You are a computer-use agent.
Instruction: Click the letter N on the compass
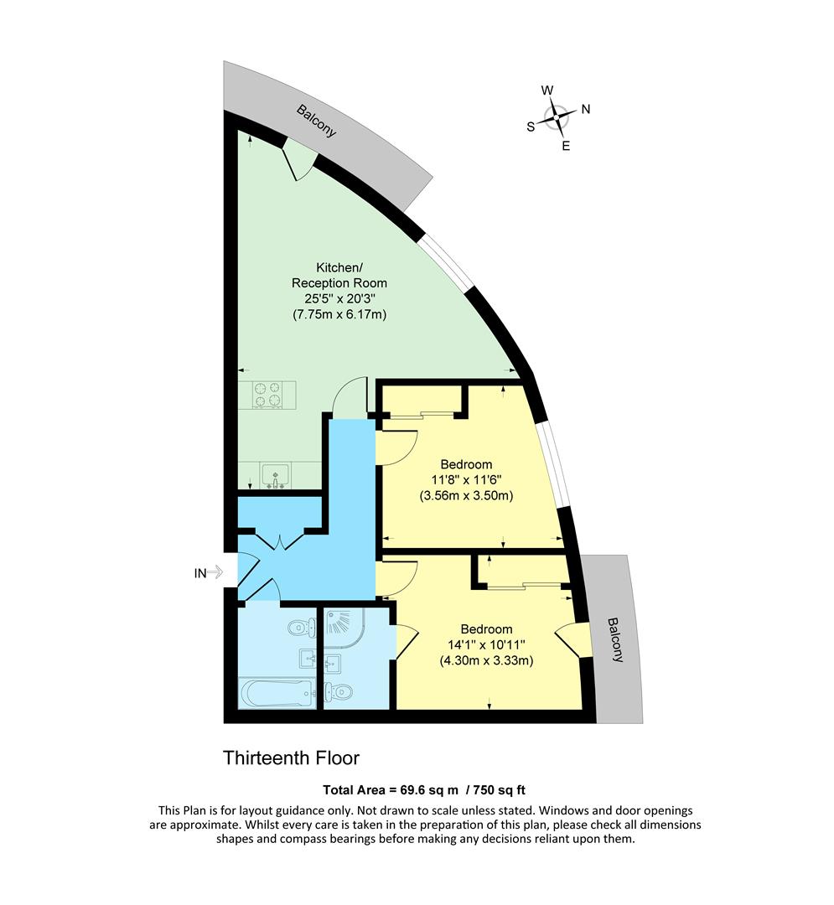[x=587, y=109]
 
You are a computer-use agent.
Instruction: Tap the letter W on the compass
[x=547, y=90]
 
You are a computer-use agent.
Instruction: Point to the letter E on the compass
[x=566, y=146]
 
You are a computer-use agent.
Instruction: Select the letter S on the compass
[x=530, y=127]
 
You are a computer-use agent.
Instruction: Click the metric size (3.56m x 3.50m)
[x=465, y=495]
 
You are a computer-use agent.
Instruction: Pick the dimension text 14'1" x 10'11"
[x=486, y=645]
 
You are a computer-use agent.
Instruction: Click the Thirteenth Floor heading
[x=291, y=758]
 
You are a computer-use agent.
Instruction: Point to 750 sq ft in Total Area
[x=501, y=789]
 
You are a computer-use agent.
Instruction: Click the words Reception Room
[x=339, y=283]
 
